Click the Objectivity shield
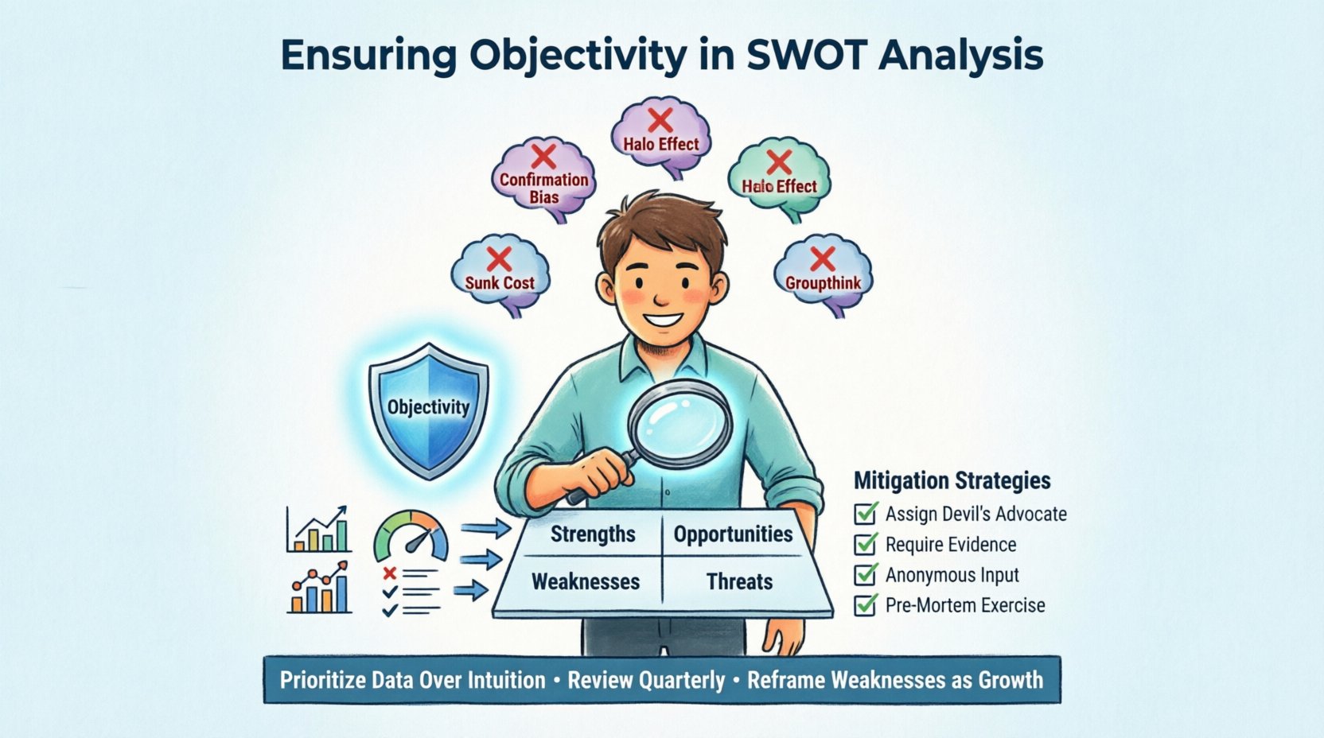pos(428,410)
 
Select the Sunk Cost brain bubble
pos(500,274)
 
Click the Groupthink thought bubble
pos(823,274)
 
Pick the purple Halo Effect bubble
pos(660,137)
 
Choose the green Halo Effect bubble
pos(779,178)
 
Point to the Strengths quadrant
pos(593,534)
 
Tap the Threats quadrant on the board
pos(739,581)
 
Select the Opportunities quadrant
pos(733,534)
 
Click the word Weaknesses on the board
pos(586,581)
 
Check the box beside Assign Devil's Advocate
pos(865,514)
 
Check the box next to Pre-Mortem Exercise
pos(865,605)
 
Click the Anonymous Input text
pos(952,575)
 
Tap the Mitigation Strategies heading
pos(952,480)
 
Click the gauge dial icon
pos(411,537)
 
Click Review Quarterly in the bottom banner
pos(646,680)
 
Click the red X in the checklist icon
pos(389,573)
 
